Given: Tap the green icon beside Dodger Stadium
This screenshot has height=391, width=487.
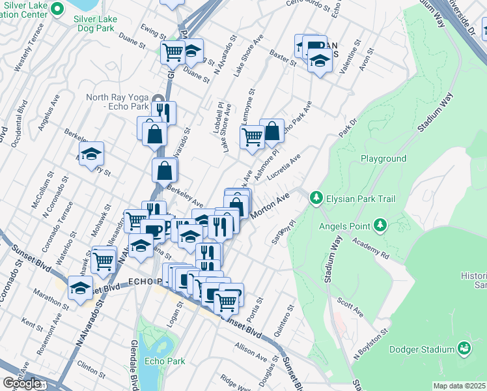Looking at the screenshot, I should point(464,349).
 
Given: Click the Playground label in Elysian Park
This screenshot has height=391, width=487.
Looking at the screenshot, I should point(383,158).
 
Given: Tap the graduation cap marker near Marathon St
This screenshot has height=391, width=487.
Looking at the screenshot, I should point(80,289).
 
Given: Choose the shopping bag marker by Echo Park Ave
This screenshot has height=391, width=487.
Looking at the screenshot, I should point(271,130).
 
